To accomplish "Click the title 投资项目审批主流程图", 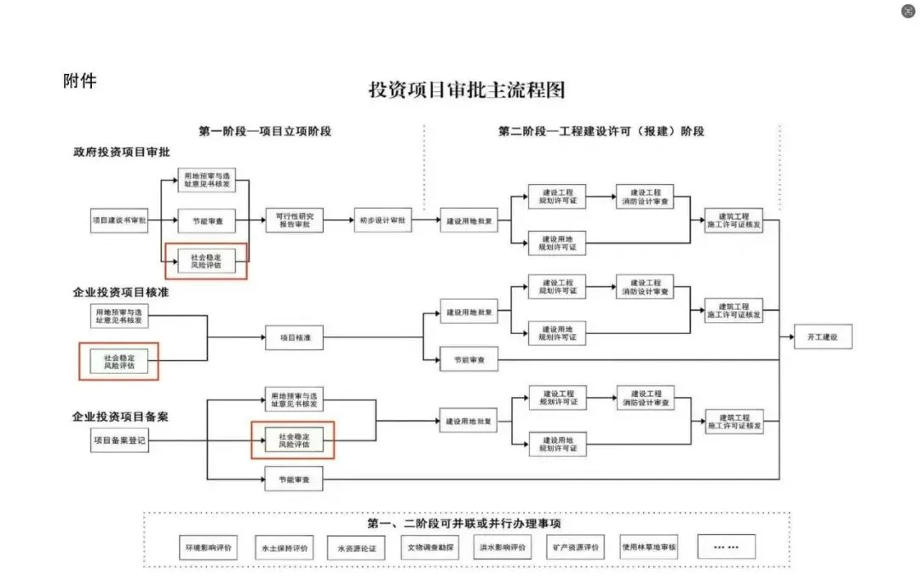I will pos(466,90).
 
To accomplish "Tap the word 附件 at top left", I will pos(80,81).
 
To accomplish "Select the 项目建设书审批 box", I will pos(119,221).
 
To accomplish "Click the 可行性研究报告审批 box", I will pos(294,221).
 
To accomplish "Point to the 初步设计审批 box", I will pos(382,221).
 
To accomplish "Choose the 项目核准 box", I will pos(294,338).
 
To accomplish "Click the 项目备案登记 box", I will pos(119,440).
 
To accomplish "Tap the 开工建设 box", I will pos(822,337).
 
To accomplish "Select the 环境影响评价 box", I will pos(208,546).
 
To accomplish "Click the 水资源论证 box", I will pos(356,547).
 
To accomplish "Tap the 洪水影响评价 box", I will pos(502,546).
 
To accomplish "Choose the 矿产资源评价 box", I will pos(575,546).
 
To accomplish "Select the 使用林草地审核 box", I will pos(649,546).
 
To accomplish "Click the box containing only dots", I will pos(726,546).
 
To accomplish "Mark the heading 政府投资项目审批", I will pos(121,152).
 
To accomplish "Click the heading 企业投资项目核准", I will pos(121,293).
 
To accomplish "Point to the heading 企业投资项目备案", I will pos(121,417).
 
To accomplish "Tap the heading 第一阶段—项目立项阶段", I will pos(264,131).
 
